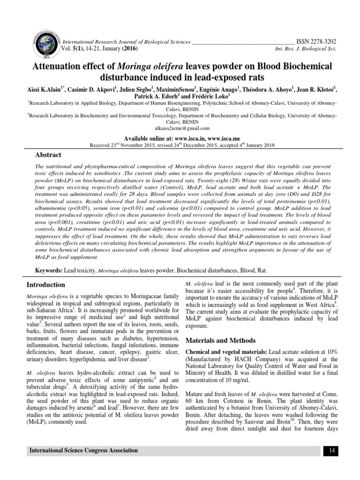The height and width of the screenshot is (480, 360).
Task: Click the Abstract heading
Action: coord(49,155)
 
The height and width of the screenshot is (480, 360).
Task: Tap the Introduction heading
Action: coord(45,285)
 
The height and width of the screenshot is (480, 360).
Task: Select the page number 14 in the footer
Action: coord(331,450)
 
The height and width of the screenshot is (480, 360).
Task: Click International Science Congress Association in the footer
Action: coord(84,450)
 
